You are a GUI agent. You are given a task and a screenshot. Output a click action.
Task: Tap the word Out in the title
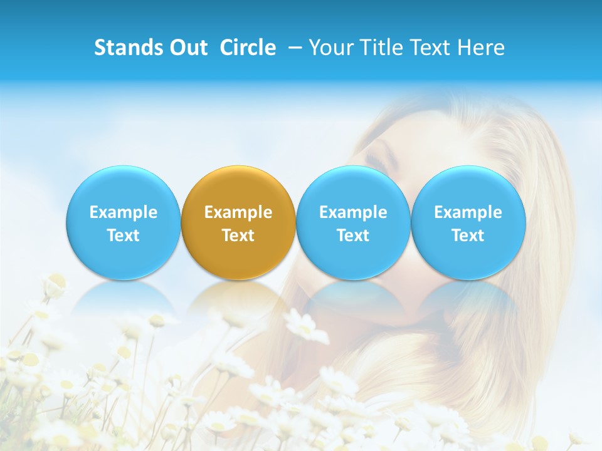point(187,48)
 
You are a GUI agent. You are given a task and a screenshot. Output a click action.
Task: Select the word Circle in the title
point(248,48)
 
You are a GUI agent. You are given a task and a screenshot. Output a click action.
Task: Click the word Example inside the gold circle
point(238,212)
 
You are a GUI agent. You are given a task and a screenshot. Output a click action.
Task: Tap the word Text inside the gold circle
point(238,236)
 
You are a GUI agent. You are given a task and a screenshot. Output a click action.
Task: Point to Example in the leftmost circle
point(123,212)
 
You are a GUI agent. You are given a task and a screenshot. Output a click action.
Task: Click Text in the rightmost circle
point(468,236)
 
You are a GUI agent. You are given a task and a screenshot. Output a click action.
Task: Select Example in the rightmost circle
point(468,212)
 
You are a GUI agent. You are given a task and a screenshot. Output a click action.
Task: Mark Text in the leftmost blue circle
point(123,236)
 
